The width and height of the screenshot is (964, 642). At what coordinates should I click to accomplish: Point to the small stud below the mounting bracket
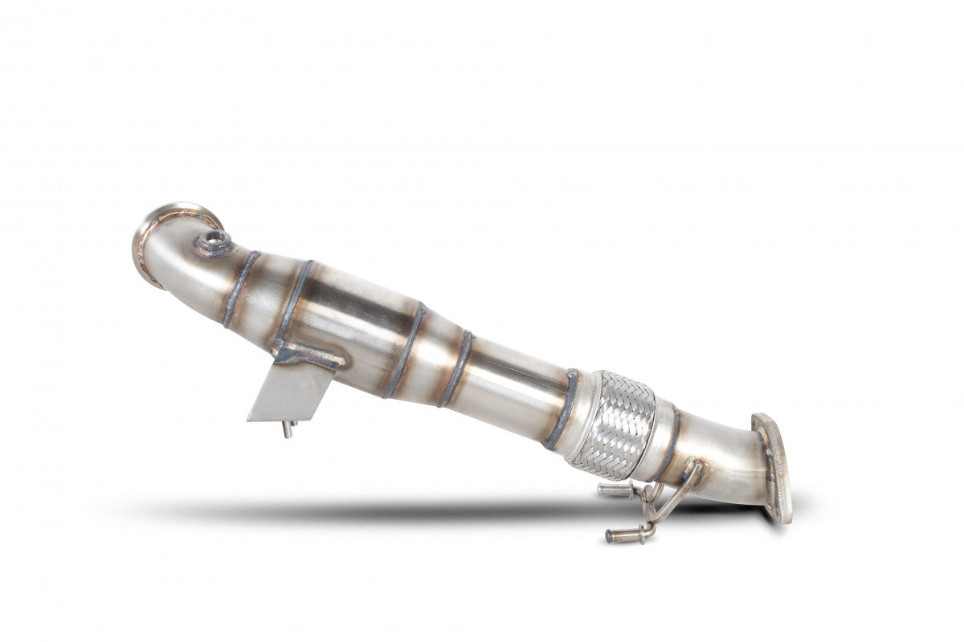[x=287, y=429]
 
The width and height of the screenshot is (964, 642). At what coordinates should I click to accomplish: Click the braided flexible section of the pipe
[x=615, y=423]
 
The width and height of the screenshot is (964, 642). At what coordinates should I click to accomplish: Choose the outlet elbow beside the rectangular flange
[x=723, y=465]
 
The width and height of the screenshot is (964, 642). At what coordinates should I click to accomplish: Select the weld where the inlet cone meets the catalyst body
[x=293, y=301]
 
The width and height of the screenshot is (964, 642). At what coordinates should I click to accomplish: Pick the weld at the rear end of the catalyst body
[x=406, y=349]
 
